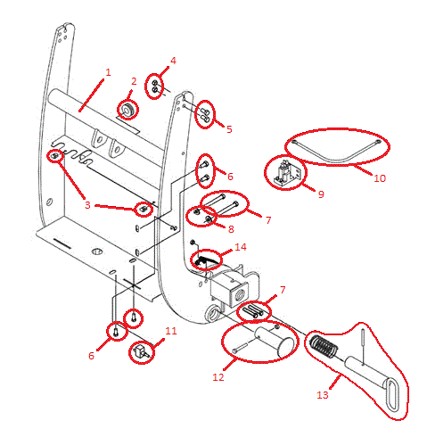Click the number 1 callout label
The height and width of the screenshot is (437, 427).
click(x=108, y=70)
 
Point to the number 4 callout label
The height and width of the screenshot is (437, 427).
click(x=173, y=61)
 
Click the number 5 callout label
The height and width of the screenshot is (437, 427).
click(x=228, y=129)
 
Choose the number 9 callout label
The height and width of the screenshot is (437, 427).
click(x=320, y=194)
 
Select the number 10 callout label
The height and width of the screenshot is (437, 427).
click(x=379, y=177)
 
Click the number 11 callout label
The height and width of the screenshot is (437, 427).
click(x=171, y=331)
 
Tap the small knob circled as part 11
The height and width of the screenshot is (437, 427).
click(x=142, y=351)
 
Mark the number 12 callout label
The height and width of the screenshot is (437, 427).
click(x=218, y=377)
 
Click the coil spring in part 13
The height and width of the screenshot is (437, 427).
click(x=326, y=347)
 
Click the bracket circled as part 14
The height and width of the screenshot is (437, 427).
click(x=205, y=260)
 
